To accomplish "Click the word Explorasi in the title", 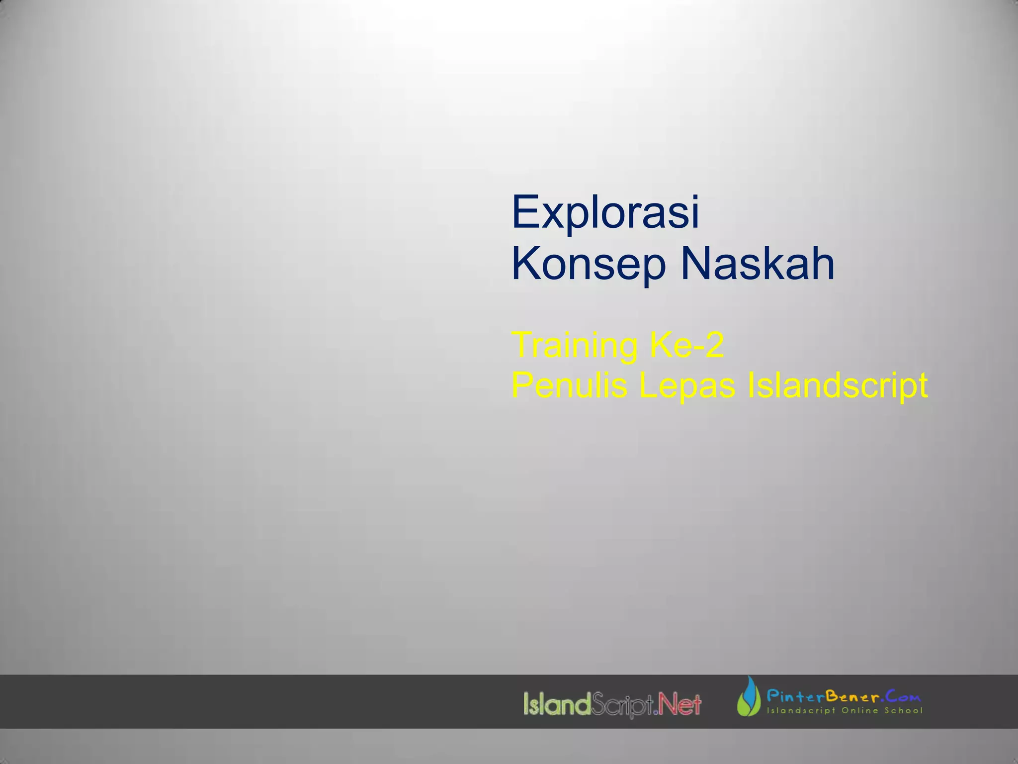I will tap(605, 212).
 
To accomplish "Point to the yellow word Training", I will tap(574, 345).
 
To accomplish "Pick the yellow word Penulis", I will tap(569, 385).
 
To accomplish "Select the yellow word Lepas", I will tap(686, 385).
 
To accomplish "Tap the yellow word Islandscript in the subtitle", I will tap(837, 385).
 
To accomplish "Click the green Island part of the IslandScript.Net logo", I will tap(557, 704).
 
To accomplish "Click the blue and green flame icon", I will tap(749, 697).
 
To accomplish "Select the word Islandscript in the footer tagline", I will tap(801, 710).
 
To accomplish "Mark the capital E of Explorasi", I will tap(525, 212).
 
